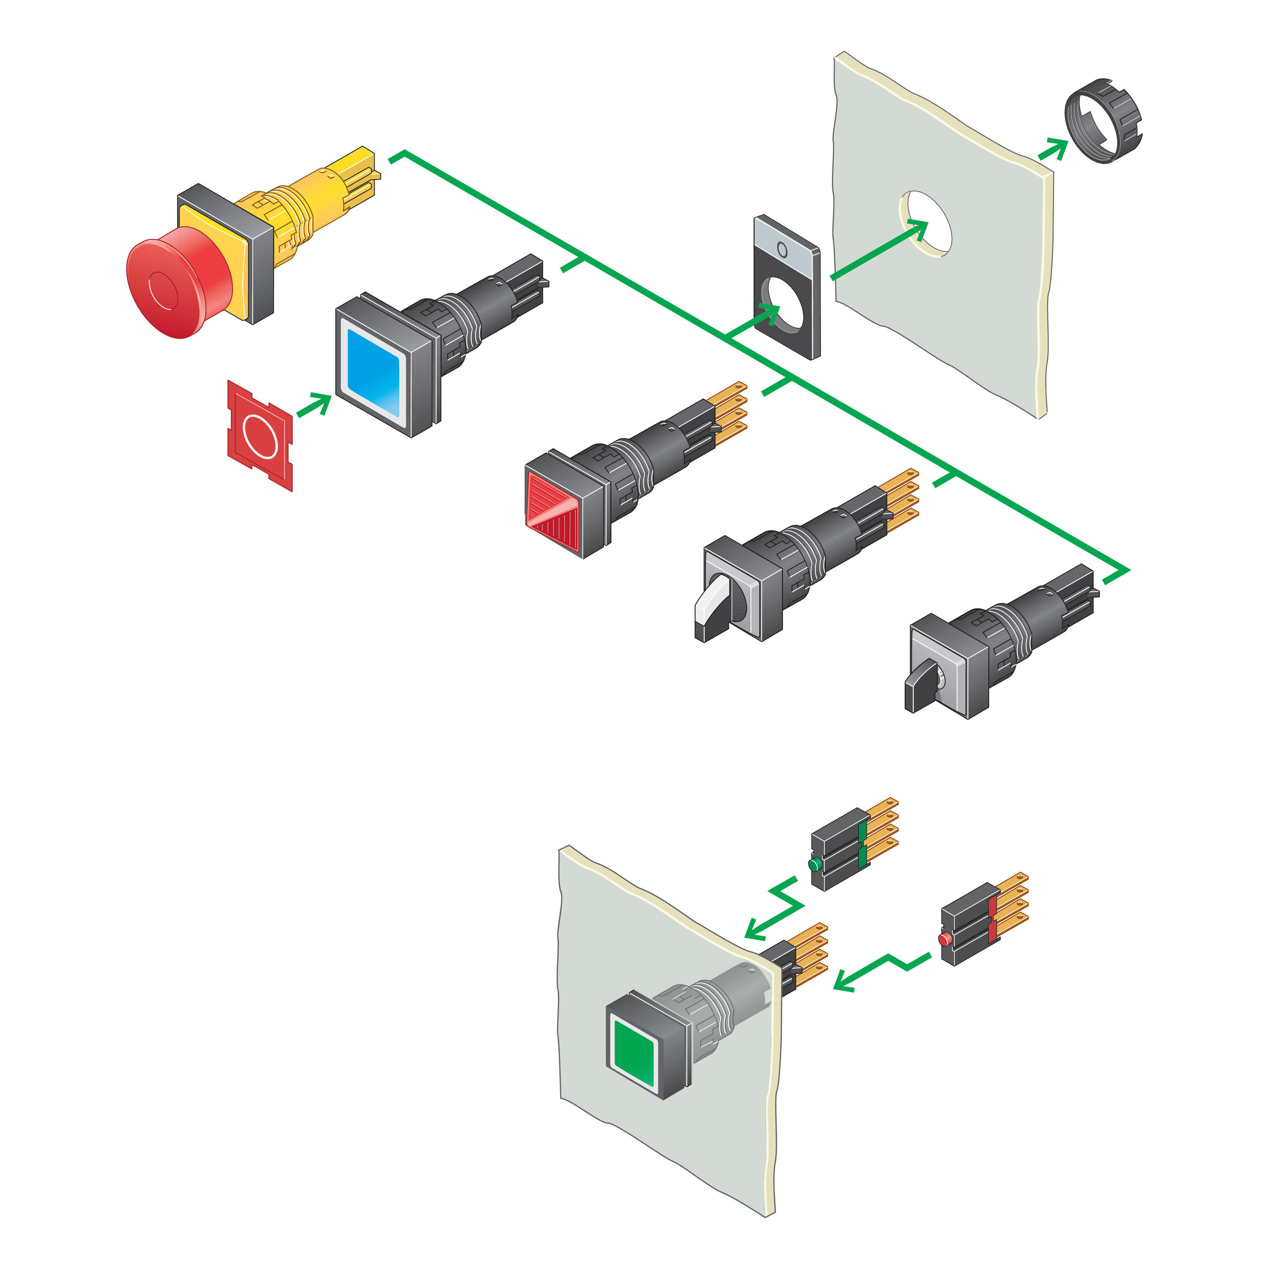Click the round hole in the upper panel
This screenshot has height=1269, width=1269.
tap(926, 223)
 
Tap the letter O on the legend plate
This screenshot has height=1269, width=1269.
tap(782, 250)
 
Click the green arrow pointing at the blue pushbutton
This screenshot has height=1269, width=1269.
tap(314, 405)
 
